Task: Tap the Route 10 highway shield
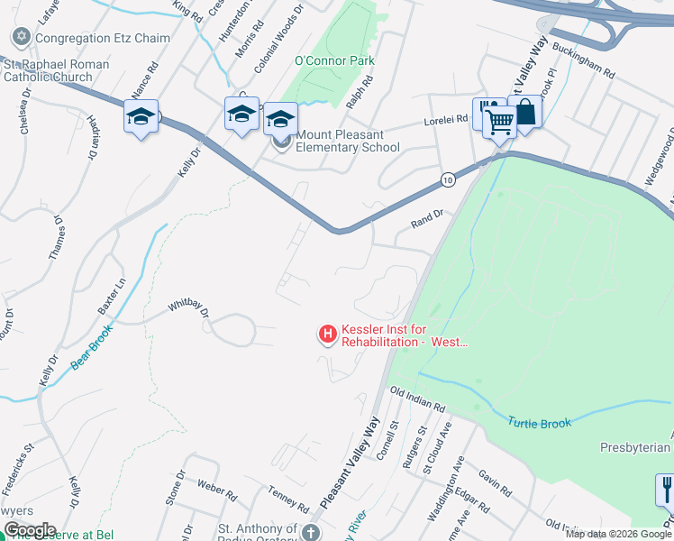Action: click(x=447, y=181)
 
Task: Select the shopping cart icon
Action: click(x=499, y=122)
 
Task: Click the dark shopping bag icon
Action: click(x=524, y=114)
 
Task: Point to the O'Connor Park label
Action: click(x=334, y=61)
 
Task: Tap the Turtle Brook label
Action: click(x=539, y=422)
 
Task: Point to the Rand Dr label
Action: click(x=427, y=215)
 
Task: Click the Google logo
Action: click(x=29, y=530)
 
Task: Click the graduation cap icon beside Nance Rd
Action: click(x=141, y=117)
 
